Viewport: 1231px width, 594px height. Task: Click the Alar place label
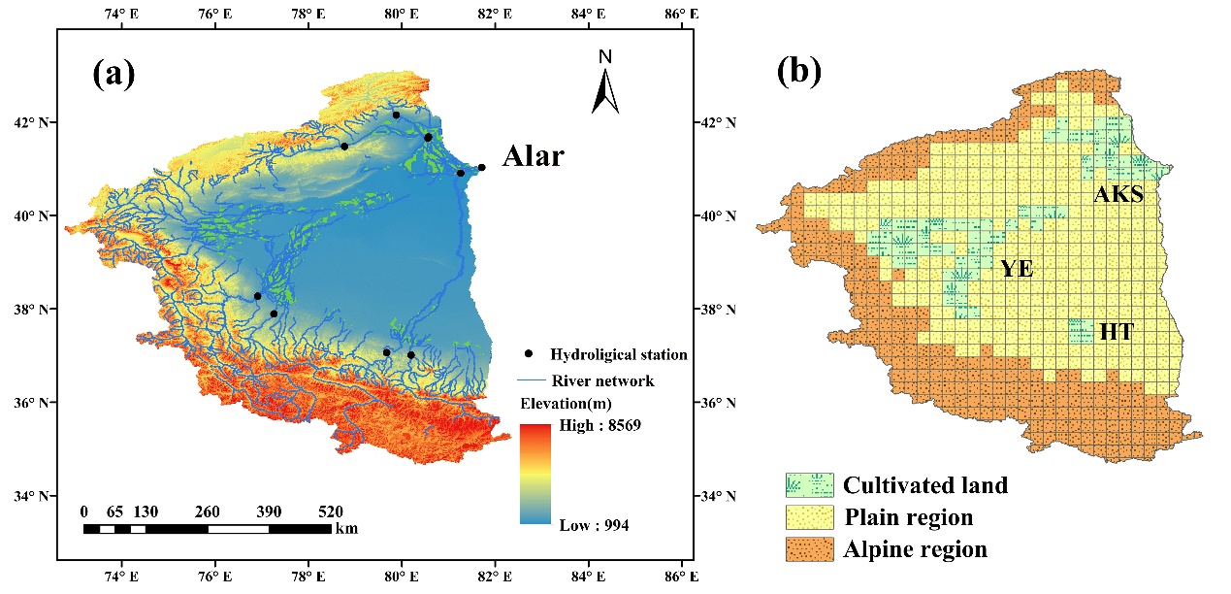[x=533, y=156]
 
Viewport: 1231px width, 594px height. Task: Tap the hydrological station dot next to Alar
[x=481, y=168]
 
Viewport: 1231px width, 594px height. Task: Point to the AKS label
[x=1118, y=195]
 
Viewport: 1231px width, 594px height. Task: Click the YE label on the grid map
[x=1018, y=270]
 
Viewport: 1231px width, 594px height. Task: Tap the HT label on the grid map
[x=1116, y=333]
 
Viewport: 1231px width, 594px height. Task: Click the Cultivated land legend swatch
[x=808, y=484]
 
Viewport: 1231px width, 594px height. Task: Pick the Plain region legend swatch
[x=808, y=517]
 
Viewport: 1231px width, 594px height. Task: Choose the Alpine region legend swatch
[x=808, y=549]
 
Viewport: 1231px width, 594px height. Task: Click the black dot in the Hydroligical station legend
[x=529, y=354]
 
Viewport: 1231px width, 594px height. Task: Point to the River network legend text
[x=601, y=380]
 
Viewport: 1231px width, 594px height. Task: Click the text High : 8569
[x=600, y=425]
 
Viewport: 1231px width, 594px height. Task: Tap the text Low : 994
[x=594, y=525]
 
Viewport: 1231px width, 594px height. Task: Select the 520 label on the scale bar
[x=331, y=511]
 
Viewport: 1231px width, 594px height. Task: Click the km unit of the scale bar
[x=345, y=530]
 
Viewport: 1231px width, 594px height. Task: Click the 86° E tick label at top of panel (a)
[x=680, y=15]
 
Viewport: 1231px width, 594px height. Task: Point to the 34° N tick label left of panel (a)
[x=37, y=497]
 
